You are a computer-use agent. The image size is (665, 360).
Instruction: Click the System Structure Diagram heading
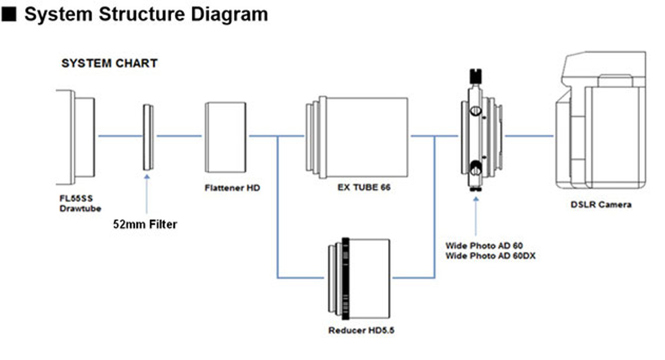[x=146, y=14]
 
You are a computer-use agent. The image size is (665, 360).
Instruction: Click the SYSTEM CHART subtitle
[x=109, y=63]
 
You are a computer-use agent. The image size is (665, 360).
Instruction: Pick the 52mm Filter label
[x=145, y=223]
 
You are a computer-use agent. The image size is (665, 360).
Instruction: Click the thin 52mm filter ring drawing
[x=148, y=137]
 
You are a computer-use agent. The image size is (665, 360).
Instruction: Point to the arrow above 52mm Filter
[x=146, y=193]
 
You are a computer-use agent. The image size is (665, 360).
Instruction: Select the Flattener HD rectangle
[x=226, y=137]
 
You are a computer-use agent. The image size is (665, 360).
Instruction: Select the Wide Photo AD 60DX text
[x=490, y=255]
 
